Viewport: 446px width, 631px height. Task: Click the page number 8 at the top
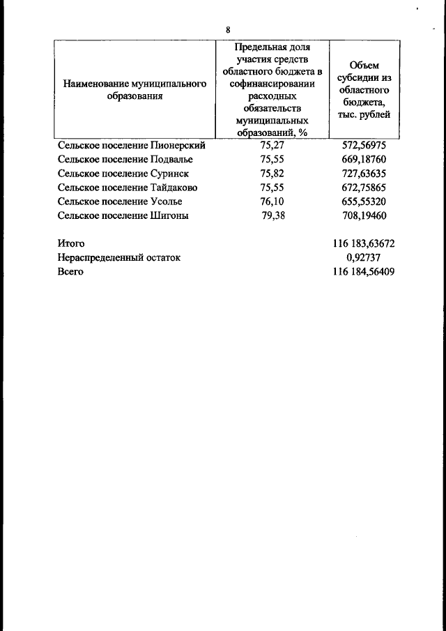228,29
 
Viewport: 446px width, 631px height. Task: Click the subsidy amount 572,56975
363,146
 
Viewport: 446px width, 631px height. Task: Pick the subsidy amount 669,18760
363,160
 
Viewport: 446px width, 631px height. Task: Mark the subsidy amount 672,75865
363,188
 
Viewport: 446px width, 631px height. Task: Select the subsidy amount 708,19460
363,215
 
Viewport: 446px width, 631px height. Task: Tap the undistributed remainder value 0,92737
364,257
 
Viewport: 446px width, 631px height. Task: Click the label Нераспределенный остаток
119,257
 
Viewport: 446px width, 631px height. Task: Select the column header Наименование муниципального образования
134,90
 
